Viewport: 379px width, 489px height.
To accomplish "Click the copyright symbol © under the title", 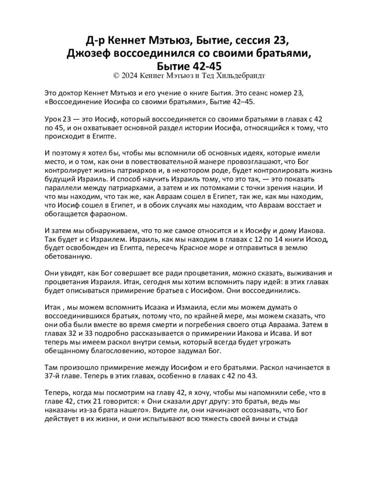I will tap(114, 75).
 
